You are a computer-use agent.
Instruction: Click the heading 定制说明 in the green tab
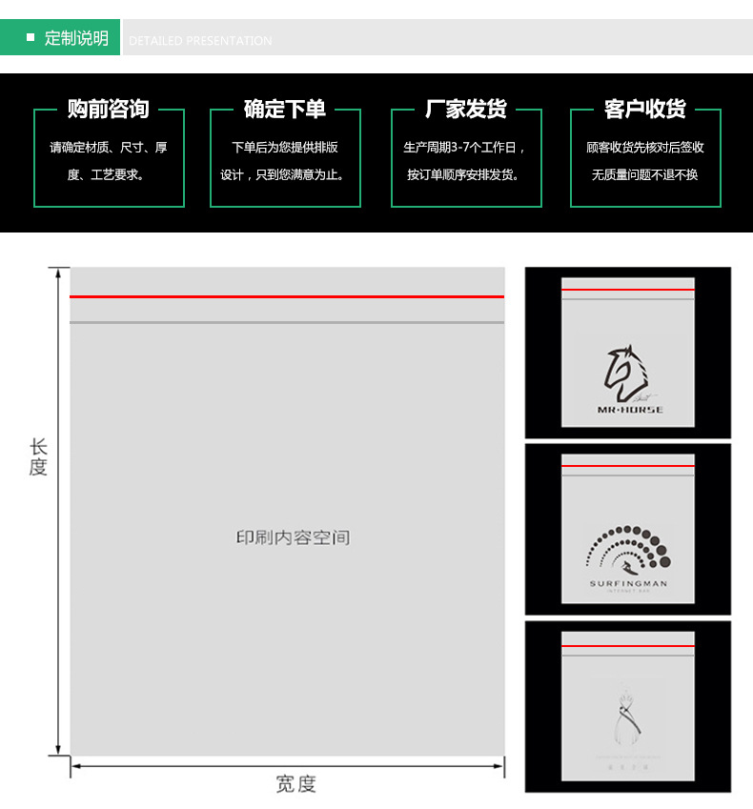click(76, 38)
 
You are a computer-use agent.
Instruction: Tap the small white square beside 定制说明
click(31, 38)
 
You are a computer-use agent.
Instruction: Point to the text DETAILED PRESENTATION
click(200, 41)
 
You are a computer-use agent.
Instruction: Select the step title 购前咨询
click(109, 109)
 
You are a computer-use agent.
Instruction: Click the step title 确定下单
click(285, 109)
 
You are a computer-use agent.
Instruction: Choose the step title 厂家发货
click(466, 109)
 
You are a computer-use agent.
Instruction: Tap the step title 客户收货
click(645, 109)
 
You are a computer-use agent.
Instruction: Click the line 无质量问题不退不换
click(644, 174)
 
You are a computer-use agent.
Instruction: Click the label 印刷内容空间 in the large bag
click(294, 537)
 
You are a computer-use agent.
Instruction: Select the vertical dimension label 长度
click(38, 457)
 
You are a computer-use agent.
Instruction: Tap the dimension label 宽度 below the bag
click(295, 783)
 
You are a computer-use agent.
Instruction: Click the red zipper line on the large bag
click(286, 296)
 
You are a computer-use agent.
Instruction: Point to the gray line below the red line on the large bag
click(286, 323)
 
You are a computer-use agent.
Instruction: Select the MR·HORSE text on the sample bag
click(629, 410)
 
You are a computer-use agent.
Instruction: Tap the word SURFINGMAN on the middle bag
click(628, 583)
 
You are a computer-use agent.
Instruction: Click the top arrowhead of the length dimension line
click(59, 273)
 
